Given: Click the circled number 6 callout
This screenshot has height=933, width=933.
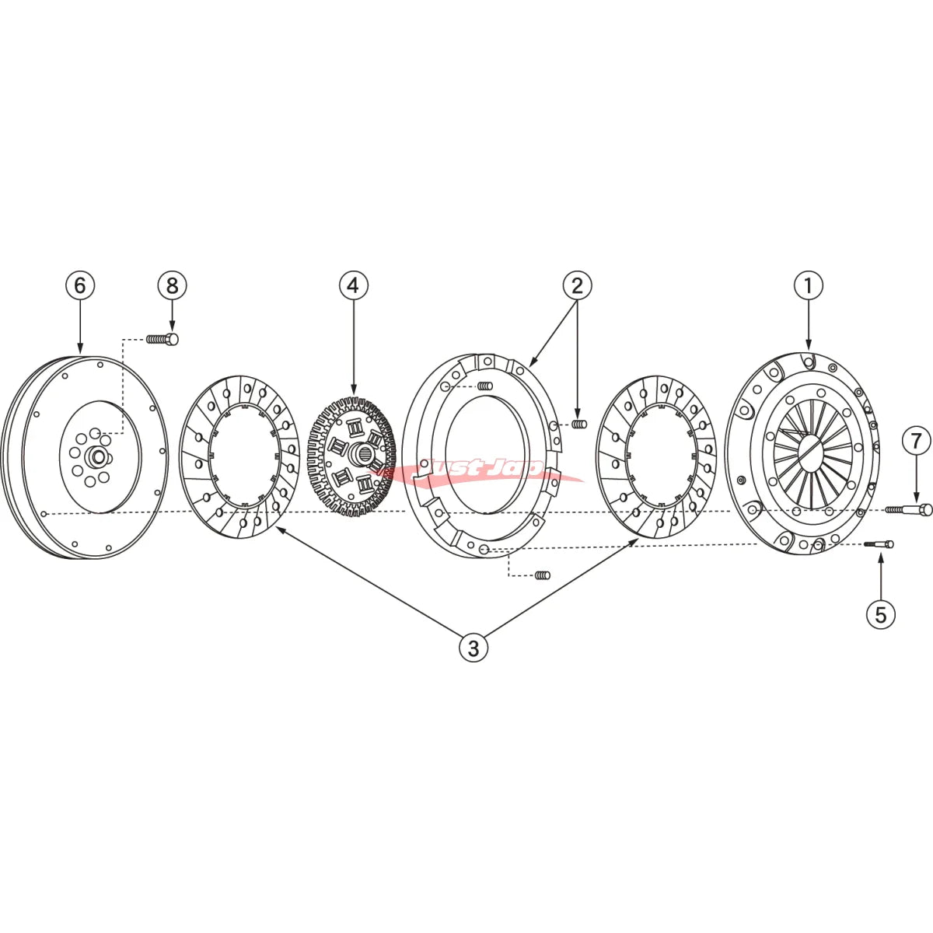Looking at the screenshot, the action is [x=80, y=285].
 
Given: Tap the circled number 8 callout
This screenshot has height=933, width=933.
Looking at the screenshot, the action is [x=172, y=285].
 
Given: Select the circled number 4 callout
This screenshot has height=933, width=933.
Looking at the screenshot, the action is [x=354, y=285].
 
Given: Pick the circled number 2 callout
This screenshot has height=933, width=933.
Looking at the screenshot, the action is [x=577, y=285].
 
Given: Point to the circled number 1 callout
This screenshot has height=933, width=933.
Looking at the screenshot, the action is [x=809, y=285].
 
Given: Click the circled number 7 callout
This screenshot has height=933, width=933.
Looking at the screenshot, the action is [x=917, y=442].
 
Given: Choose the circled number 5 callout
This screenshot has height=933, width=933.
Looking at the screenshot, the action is [x=881, y=614].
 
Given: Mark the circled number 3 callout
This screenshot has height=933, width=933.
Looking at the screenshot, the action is [x=473, y=648].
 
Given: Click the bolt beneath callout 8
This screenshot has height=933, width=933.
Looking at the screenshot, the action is [x=162, y=339].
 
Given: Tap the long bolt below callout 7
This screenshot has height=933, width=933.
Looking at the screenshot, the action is [x=909, y=509].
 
